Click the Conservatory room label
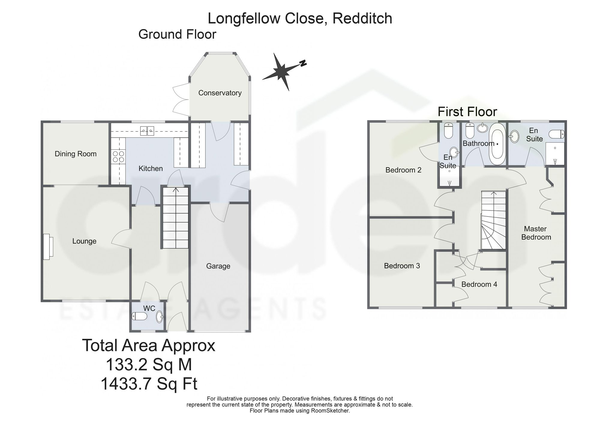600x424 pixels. coord(220,93)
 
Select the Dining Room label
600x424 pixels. coord(76,154)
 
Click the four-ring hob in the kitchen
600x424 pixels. coord(118,157)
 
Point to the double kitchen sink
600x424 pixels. coord(147,130)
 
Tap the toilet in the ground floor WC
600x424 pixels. coord(139,316)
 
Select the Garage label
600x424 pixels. coord(218,266)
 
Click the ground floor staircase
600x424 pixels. coord(175,218)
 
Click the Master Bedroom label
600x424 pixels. coord(536,233)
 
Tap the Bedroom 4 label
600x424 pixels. coord(479,284)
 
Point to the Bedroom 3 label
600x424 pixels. coord(402,266)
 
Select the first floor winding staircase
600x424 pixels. coord(494,220)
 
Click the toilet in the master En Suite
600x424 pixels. coord(556,134)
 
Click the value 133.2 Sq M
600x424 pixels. coord(149,365)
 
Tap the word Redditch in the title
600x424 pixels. coord(362,18)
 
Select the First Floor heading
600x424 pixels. coord(467,112)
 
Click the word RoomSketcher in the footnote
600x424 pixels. coord(331,411)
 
